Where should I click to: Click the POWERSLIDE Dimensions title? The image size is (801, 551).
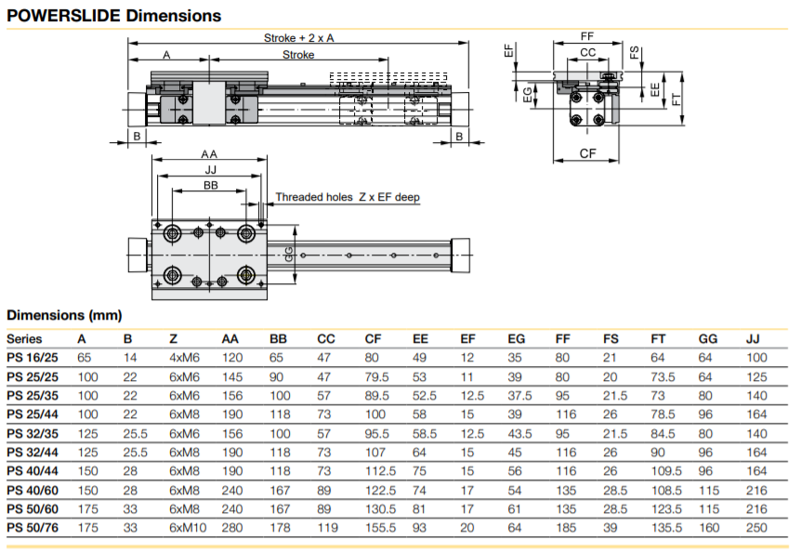click(115, 16)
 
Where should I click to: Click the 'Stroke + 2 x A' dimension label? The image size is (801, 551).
click(297, 38)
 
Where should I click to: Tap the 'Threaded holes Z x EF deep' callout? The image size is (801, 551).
click(348, 197)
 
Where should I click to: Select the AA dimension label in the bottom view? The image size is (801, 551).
click(209, 154)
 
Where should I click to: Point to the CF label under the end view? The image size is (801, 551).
click(587, 152)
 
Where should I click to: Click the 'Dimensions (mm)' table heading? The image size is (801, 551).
click(64, 316)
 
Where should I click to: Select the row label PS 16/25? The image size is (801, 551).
click(32, 358)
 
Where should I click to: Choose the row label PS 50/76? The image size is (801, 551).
click(32, 528)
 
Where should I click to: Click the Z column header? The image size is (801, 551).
click(174, 339)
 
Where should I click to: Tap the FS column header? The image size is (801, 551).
click(611, 339)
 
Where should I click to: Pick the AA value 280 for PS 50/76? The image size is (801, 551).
click(231, 528)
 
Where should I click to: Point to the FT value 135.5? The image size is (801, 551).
click(665, 528)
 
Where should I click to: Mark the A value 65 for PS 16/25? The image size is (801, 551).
click(84, 358)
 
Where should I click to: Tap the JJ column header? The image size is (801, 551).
click(753, 339)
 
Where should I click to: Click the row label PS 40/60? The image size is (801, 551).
click(32, 490)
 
